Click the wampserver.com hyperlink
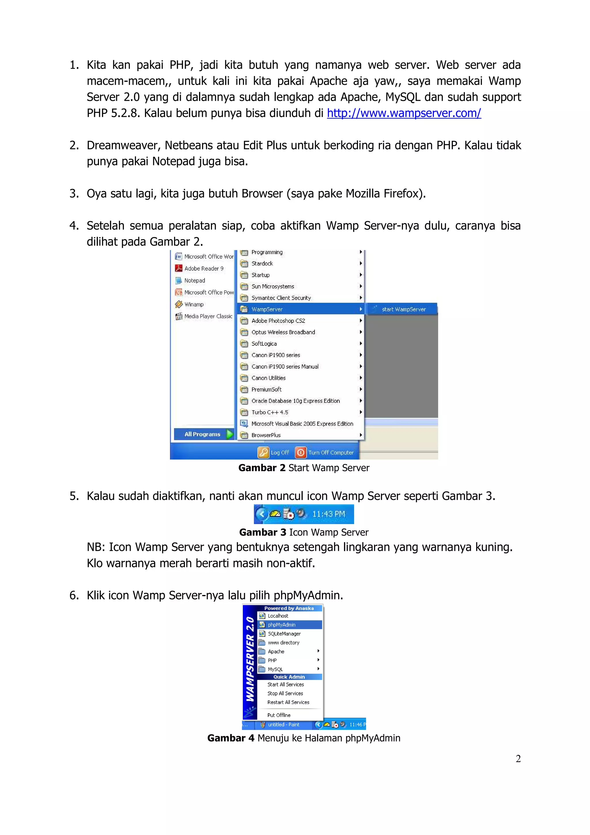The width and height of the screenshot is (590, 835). pyautogui.click(x=404, y=113)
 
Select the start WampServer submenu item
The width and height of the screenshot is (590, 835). pyautogui.click(x=403, y=309)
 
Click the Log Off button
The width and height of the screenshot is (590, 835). pyautogui.click(x=274, y=452)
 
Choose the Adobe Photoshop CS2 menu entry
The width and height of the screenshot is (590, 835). pyautogui.click(x=278, y=321)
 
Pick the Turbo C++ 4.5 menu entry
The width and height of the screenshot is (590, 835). pyautogui.click(x=270, y=412)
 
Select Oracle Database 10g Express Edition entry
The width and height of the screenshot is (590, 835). pyautogui.click(x=295, y=401)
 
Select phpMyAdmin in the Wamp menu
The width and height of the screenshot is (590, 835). pyautogui.click(x=282, y=625)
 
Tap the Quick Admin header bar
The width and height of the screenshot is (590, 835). pyautogui.click(x=289, y=677)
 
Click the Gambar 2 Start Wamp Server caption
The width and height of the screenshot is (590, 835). pyautogui.click(x=304, y=468)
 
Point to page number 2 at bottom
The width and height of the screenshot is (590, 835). pyautogui.click(x=518, y=759)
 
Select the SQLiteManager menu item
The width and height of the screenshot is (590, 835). pyautogui.click(x=284, y=634)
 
